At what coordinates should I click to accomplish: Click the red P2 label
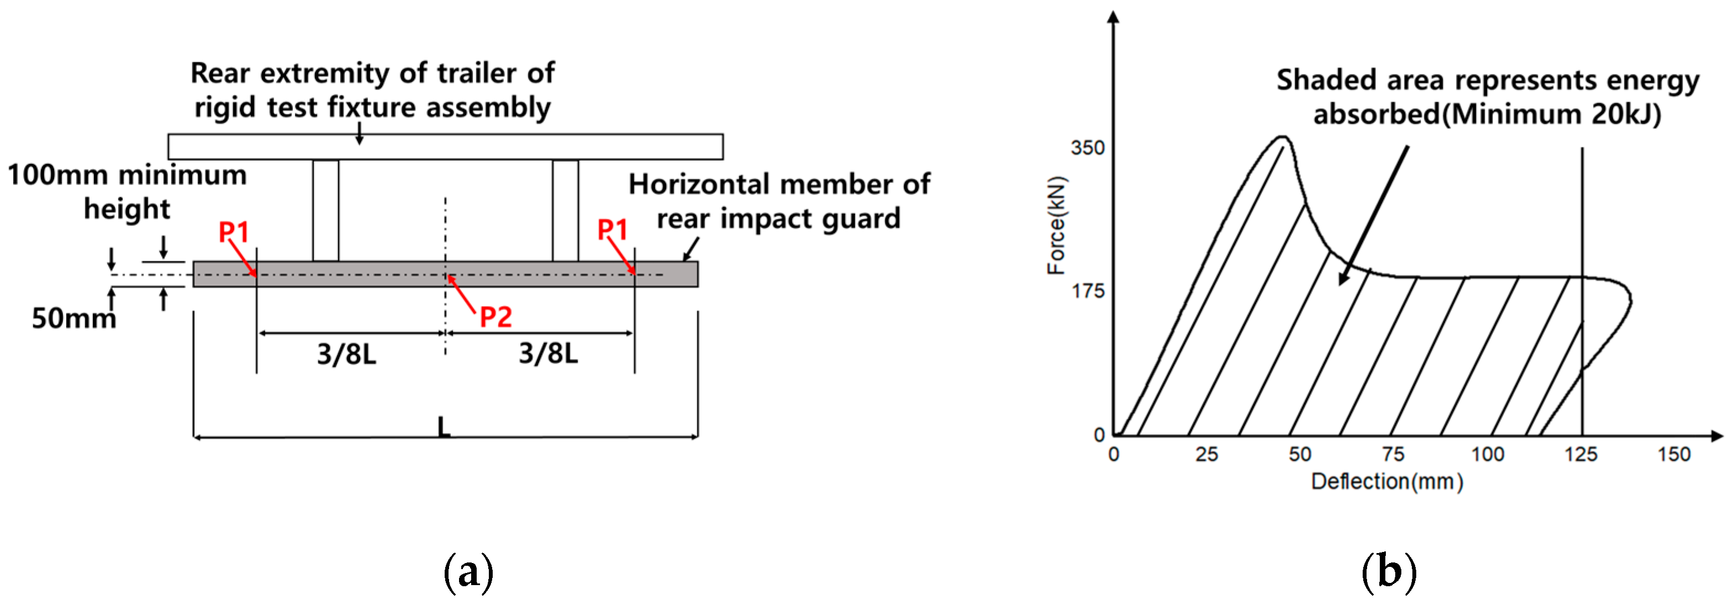click(x=495, y=316)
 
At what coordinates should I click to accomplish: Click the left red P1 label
click(x=234, y=232)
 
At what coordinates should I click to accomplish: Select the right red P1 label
click(x=613, y=230)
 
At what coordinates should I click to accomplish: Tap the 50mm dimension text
click(x=74, y=318)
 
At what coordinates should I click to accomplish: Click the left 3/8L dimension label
click(x=346, y=354)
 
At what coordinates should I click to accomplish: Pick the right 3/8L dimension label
click(x=548, y=353)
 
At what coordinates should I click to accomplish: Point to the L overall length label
click(x=443, y=427)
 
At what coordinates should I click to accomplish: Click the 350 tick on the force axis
click(x=1087, y=148)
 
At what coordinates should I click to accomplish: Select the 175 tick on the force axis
click(x=1087, y=291)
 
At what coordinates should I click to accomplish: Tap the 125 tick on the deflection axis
click(x=1580, y=455)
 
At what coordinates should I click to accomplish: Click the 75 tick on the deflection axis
click(x=1393, y=455)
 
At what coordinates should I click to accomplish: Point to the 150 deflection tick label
click(x=1674, y=455)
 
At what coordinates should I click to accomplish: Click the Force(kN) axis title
click(x=1057, y=225)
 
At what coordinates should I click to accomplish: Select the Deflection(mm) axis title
click(x=1387, y=481)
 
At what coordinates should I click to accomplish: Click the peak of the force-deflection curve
click(x=1282, y=138)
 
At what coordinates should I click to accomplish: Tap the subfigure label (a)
click(x=468, y=572)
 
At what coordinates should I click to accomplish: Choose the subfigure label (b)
click(x=1388, y=572)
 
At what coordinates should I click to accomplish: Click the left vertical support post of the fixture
click(x=326, y=210)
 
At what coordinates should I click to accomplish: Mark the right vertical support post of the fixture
click(x=566, y=210)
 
